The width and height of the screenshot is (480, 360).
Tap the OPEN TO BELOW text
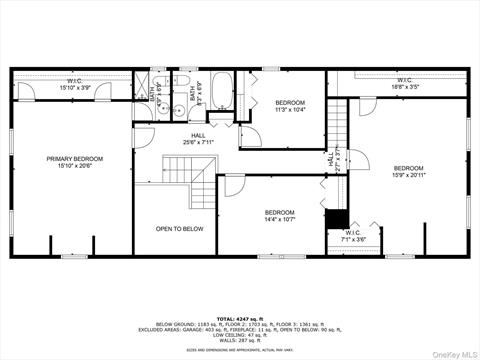pyautogui.click(x=179, y=229)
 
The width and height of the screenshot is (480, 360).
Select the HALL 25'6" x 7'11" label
pyautogui.click(x=198, y=139)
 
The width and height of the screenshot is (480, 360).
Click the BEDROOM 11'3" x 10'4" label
pyautogui.click(x=290, y=106)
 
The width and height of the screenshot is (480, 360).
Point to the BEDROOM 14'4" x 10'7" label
pyautogui.click(x=279, y=215)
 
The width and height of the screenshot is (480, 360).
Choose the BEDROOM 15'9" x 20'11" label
pyautogui.click(x=408, y=171)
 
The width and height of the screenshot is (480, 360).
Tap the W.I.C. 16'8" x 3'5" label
pyautogui.click(x=404, y=84)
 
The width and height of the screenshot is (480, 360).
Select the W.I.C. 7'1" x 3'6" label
pyautogui.click(x=354, y=237)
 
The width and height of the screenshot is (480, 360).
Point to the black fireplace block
pyautogui.click(x=336, y=221)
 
